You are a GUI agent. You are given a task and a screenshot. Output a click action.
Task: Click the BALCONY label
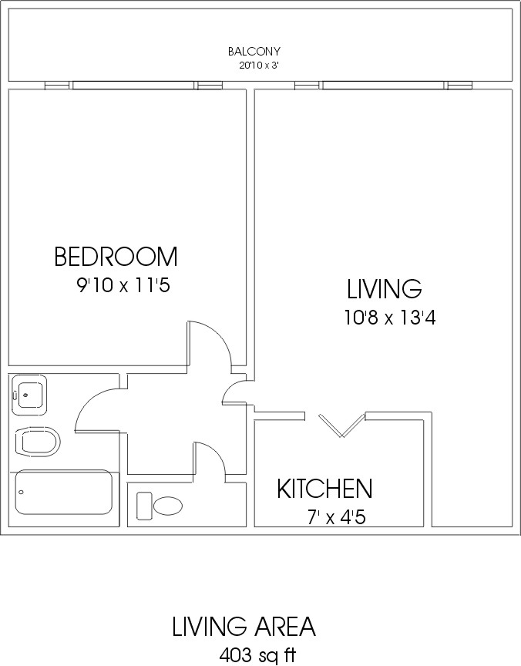[254, 52]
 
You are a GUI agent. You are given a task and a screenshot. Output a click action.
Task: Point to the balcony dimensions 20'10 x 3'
[258, 66]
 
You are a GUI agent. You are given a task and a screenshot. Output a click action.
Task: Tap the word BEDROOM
[116, 256]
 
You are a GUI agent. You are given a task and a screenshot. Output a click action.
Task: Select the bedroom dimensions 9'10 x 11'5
[123, 285]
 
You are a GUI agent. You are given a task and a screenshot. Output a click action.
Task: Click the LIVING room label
[385, 288]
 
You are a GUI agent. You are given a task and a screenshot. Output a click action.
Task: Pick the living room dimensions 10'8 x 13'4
[390, 318]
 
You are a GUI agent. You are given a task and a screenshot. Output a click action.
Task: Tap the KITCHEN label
[324, 489]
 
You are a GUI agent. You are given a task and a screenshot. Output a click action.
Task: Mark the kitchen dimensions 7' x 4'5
[336, 517]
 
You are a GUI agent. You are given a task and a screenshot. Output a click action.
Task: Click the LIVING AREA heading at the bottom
[244, 626]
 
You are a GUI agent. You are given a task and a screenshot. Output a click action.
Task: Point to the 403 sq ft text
[257, 655]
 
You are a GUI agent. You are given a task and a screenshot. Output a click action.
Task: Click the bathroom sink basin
[29, 395]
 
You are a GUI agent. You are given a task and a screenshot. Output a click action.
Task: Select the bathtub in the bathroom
[64, 492]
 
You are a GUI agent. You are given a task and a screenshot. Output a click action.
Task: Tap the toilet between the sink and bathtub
[37, 442]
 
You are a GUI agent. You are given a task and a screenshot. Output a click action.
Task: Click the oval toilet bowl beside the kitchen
[168, 506]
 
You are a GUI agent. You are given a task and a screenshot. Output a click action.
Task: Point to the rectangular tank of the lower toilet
[144, 506]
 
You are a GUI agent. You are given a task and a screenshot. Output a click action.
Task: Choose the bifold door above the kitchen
[342, 425]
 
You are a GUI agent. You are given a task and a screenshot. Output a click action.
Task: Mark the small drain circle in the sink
[26, 395]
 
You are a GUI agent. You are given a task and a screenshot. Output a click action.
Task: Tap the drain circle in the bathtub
[22, 493]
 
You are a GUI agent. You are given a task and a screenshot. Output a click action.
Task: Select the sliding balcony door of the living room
[383, 86]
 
